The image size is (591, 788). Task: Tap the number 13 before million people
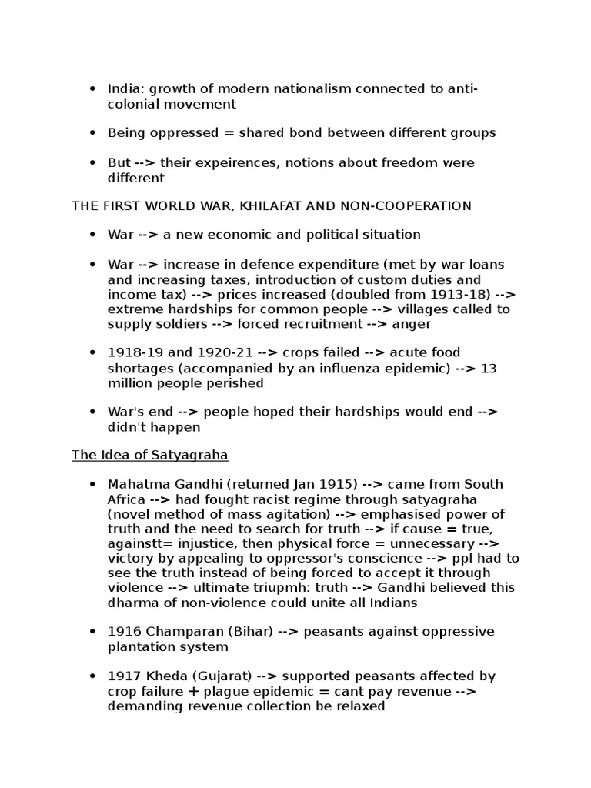click(x=489, y=368)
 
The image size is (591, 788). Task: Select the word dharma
click(x=129, y=603)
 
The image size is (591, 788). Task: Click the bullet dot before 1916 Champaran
click(x=92, y=632)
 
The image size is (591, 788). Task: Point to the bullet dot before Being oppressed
click(x=92, y=133)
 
